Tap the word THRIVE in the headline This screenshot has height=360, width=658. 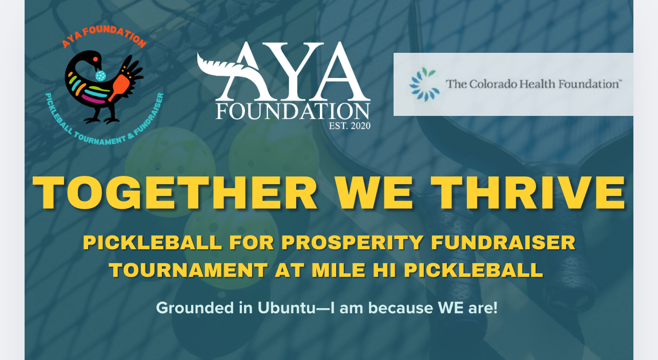528,193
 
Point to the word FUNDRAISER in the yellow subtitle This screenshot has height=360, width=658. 503,243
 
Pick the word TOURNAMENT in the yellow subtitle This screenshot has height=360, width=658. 189,270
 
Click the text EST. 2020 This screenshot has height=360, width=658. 349,126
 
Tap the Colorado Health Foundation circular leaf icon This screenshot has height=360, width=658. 424,84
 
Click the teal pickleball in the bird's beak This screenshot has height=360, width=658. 101,76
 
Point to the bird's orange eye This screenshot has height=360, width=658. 95,59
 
